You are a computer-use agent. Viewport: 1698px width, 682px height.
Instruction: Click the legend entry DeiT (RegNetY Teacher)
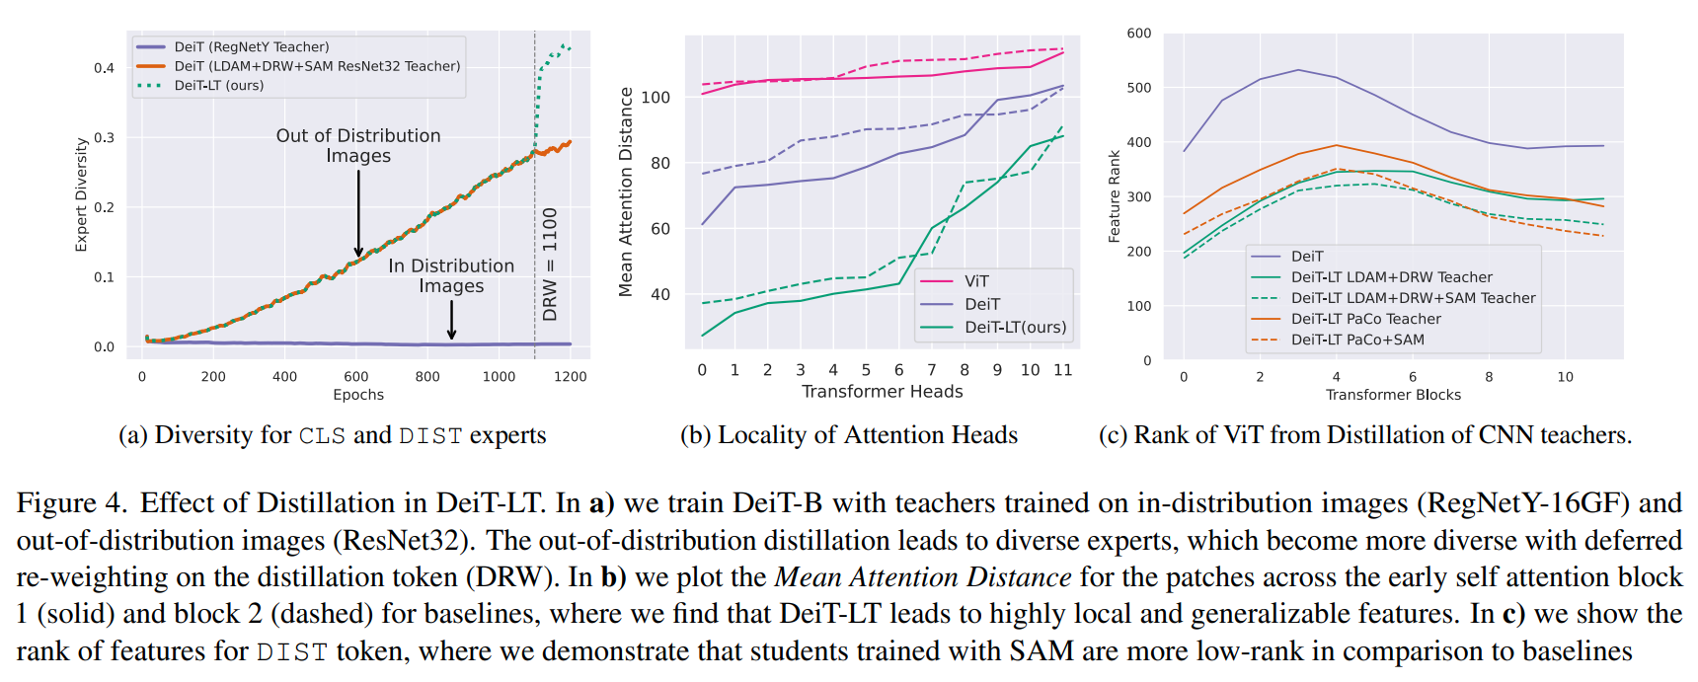pyautogui.click(x=252, y=46)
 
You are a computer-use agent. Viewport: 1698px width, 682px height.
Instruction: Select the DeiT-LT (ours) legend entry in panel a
pyautogui.click(x=218, y=86)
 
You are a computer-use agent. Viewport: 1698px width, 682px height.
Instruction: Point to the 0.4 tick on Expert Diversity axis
pyautogui.click(x=104, y=68)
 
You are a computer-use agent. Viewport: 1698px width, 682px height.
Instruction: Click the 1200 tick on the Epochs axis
pyautogui.click(x=570, y=376)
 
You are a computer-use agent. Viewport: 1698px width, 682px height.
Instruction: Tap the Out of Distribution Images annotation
pyautogui.click(x=358, y=145)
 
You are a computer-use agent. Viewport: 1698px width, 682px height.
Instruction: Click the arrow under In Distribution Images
pyautogui.click(x=451, y=320)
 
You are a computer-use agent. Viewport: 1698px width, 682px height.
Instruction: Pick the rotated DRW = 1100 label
pyautogui.click(x=550, y=264)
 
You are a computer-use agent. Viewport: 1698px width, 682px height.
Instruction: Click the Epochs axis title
pyautogui.click(x=358, y=395)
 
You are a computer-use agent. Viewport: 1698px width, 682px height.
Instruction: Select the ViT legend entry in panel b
pyautogui.click(x=975, y=281)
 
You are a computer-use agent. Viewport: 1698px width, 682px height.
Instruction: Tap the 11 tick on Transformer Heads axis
pyautogui.click(x=1062, y=370)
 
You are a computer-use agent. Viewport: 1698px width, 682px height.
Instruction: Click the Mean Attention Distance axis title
pyautogui.click(x=626, y=192)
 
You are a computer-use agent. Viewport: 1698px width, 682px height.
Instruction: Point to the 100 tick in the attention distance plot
pyautogui.click(x=656, y=97)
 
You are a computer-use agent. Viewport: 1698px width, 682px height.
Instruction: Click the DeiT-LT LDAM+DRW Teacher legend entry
pyautogui.click(x=1391, y=277)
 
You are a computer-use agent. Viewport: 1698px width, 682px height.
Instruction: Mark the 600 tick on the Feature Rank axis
pyautogui.click(x=1139, y=34)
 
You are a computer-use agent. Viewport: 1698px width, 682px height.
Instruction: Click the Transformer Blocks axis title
pyautogui.click(x=1393, y=395)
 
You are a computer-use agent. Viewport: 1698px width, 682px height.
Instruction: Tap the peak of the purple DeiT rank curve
pyautogui.click(x=1298, y=70)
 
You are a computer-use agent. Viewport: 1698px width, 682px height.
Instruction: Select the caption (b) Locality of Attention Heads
pyautogui.click(x=848, y=435)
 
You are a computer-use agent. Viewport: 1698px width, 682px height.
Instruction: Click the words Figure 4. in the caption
pyautogui.click(x=71, y=503)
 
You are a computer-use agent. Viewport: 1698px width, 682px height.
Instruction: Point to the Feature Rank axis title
pyautogui.click(x=1115, y=196)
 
